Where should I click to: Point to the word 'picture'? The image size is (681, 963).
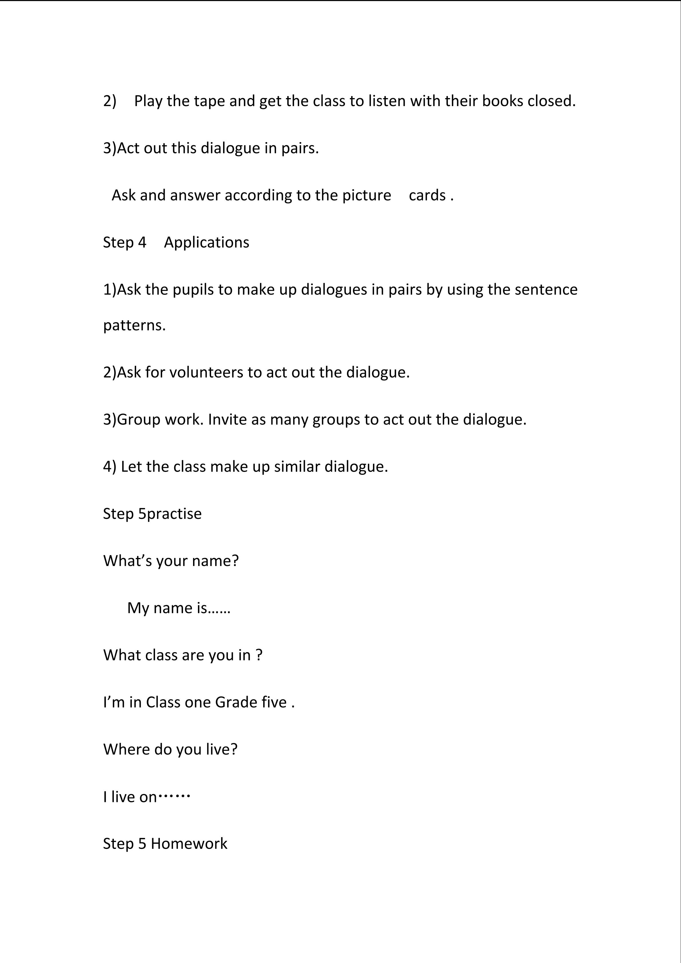[x=366, y=195]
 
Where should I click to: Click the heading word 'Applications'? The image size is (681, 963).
[x=206, y=243]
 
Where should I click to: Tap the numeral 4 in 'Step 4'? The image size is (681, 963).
[x=142, y=243]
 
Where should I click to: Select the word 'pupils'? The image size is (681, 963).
[x=193, y=289]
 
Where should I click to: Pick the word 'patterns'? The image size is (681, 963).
[x=133, y=325]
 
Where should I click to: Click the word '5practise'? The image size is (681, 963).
[x=170, y=514]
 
